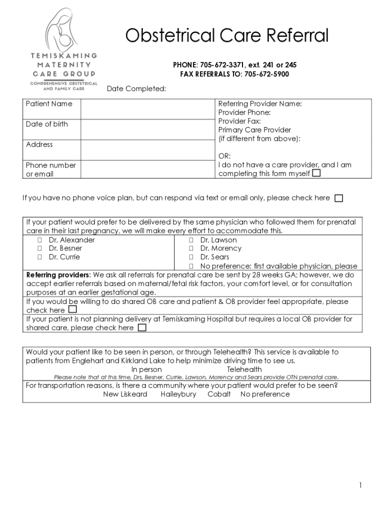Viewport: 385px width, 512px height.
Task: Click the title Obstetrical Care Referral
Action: (226, 36)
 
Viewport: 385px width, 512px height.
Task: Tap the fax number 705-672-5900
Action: (266, 74)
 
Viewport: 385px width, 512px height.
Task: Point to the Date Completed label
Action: (136, 89)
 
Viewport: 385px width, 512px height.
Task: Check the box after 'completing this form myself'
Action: (316, 173)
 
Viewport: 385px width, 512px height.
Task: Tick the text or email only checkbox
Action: (338, 198)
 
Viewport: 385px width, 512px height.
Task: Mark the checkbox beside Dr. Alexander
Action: (39, 240)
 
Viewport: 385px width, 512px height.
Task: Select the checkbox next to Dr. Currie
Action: (39, 257)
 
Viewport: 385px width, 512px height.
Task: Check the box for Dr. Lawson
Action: (191, 240)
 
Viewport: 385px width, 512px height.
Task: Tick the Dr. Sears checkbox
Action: (191, 257)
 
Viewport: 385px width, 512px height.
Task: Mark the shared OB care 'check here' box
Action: (72, 310)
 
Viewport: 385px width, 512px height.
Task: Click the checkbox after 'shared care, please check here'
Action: (142, 328)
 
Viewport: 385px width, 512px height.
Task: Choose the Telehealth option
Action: (244, 369)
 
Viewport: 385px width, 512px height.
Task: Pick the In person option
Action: (146, 369)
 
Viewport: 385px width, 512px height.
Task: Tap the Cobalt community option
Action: (219, 394)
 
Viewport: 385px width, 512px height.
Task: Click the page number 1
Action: (359, 485)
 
